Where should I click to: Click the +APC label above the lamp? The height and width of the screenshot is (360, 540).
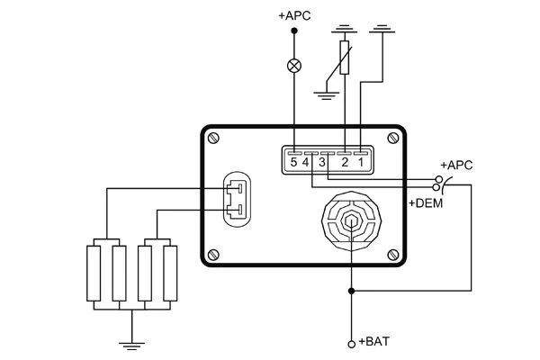click(x=292, y=15)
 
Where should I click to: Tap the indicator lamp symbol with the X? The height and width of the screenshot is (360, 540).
click(x=292, y=65)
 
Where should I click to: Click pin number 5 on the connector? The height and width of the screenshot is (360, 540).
click(x=293, y=162)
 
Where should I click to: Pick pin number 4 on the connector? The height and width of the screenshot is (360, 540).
click(x=307, y=162)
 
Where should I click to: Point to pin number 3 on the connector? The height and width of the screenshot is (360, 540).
click(x=322, y=162)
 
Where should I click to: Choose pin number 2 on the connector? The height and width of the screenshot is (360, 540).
click(x=345, y=162)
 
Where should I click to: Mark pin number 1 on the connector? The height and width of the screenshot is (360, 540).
click(x=360, y=162)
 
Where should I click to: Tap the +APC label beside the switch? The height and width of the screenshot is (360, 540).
click(x=456, y=166)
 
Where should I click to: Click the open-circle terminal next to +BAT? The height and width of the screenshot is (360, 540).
click(x=351, y=343)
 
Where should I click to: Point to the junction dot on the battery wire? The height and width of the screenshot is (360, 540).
click(x=351, y=291)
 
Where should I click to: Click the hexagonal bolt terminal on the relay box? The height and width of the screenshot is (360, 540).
click(x=351, y=220)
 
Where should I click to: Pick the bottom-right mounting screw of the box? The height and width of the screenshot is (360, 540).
click(x=392, y=255)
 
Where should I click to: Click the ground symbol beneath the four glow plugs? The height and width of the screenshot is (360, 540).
click(x=131, y=342)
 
